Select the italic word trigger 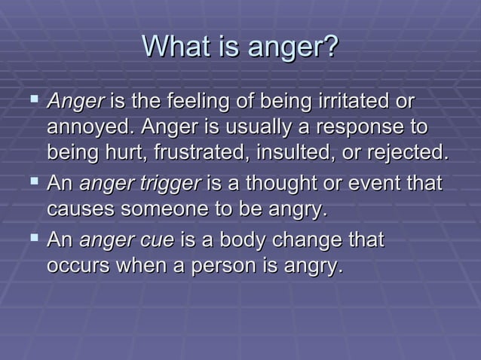pos(172,183)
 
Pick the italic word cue pos(158,240)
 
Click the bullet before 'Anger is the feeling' pos(30,100)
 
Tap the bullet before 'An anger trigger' pos(30,182)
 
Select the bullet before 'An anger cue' pos(30,239)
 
